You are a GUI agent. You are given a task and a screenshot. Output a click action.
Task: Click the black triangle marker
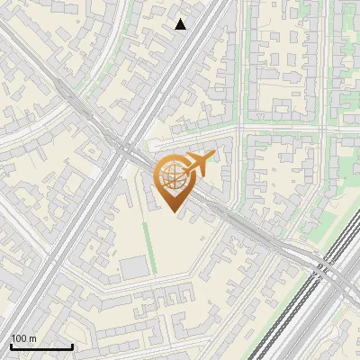pos(181,24)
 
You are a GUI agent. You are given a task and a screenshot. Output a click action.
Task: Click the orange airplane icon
pos(197,164)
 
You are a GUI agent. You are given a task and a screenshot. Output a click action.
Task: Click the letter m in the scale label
pos(34,337)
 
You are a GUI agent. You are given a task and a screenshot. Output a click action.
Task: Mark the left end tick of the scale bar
pos(11,346)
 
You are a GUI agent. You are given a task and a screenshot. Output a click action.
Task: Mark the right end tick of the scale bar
pos(72,346)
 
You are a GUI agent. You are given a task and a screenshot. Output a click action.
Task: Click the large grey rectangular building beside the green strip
pos(134,266)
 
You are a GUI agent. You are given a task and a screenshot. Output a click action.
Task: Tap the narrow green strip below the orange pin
pos(149,247)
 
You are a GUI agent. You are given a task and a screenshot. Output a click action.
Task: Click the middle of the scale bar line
pos(41,346)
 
